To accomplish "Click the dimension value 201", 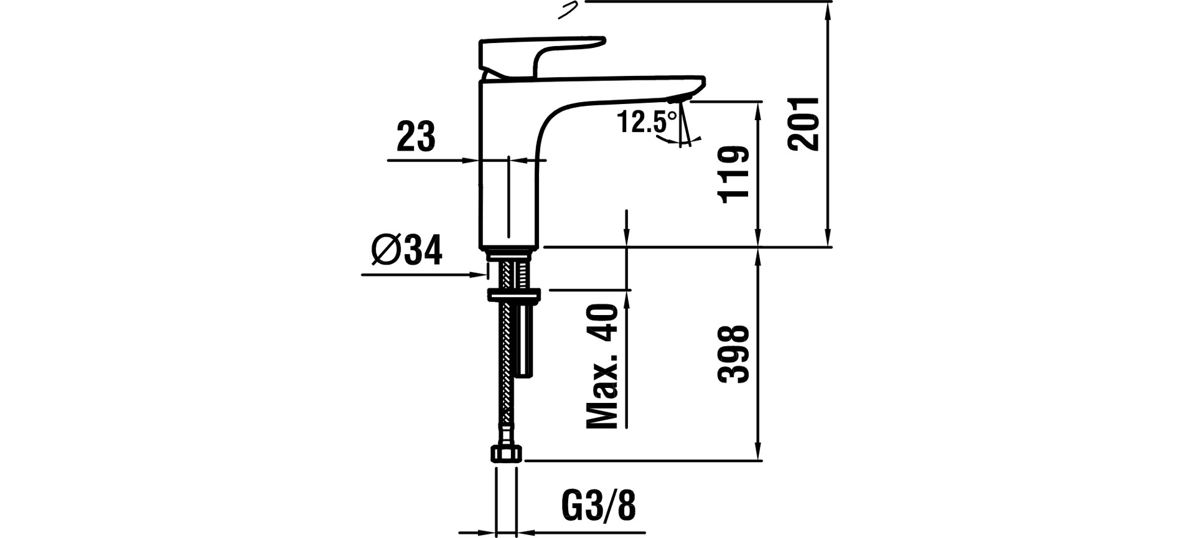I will pyautogui.click(x=803, y=124).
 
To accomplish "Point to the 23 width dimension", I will pyautogui.click(x=416, y=137).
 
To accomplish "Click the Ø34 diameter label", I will pyautogui.click(x=407, y=251).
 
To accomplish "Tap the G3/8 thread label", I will pyautogui.click(x=599, y=506).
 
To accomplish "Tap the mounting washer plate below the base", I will pyautogui.click(x=515, y=294).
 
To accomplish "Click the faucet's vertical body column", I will pyautogui.click(x=507, y=187).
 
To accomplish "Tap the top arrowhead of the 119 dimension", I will pyautogui.click(x=758, y=109).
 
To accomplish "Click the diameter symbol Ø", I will pyautogui.click(x=385, y=251).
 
